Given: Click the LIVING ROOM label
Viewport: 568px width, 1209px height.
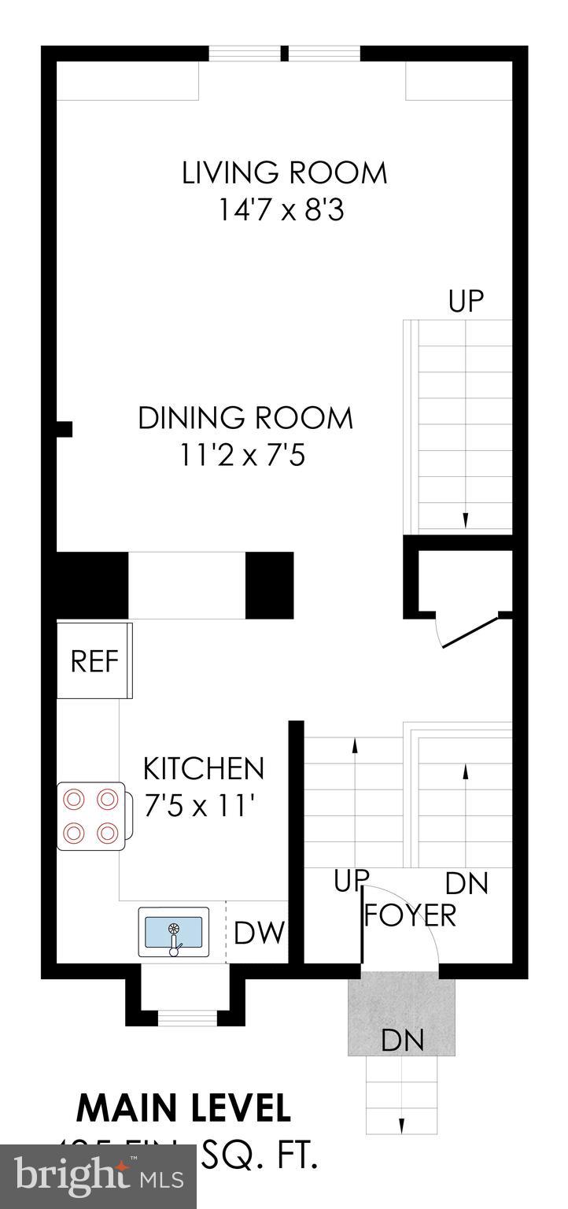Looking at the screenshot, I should click(x=284, y=172).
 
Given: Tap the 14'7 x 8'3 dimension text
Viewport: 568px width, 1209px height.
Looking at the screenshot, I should click(x=282, y=211).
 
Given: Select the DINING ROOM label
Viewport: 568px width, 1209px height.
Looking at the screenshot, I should click(x=245, y=418).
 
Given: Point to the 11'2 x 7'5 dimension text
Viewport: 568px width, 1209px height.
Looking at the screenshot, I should click(x=242, y=456).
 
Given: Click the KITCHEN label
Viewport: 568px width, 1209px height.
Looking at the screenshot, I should click(x=203, y=768).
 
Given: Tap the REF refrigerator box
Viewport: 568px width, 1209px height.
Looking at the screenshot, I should click(x=94, y=661).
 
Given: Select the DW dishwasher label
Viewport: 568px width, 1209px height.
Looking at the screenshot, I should click(x=259, y=934).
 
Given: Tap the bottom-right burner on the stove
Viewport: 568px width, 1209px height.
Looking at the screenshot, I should click(x=106, y=831).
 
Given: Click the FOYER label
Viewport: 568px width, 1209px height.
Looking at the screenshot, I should click(x=410, y=915).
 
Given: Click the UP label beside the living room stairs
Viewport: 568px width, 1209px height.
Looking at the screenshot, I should click(x=465, y=301).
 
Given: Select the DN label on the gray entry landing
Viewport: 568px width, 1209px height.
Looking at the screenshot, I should click(x=402, y=1041).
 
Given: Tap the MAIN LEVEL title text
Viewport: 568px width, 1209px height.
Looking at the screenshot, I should click(x=183, y=1108).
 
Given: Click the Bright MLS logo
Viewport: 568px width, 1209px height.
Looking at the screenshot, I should click(x=98, y=1177).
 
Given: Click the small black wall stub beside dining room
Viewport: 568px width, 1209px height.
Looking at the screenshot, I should click(x=65, y=429).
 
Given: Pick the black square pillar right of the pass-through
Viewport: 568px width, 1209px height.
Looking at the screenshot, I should click(x=269, y=585).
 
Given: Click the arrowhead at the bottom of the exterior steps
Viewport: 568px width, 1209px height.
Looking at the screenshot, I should click(x=402, y=1126).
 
